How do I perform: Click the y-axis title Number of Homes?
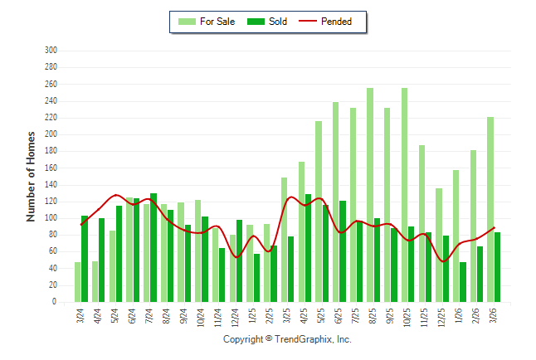click(32, 176)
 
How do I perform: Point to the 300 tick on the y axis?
click(51, 51)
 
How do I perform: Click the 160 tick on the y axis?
click(51, 168)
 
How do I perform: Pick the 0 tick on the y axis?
click(54, 303)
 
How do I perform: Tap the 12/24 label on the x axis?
click(236, 317)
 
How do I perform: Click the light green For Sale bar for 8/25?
click(370, 195)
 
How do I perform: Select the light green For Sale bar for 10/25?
click(404, 195)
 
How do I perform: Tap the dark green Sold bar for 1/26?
click(462, 282)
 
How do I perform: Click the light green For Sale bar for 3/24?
click(78, 282)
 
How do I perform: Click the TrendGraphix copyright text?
click(287, 339)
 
